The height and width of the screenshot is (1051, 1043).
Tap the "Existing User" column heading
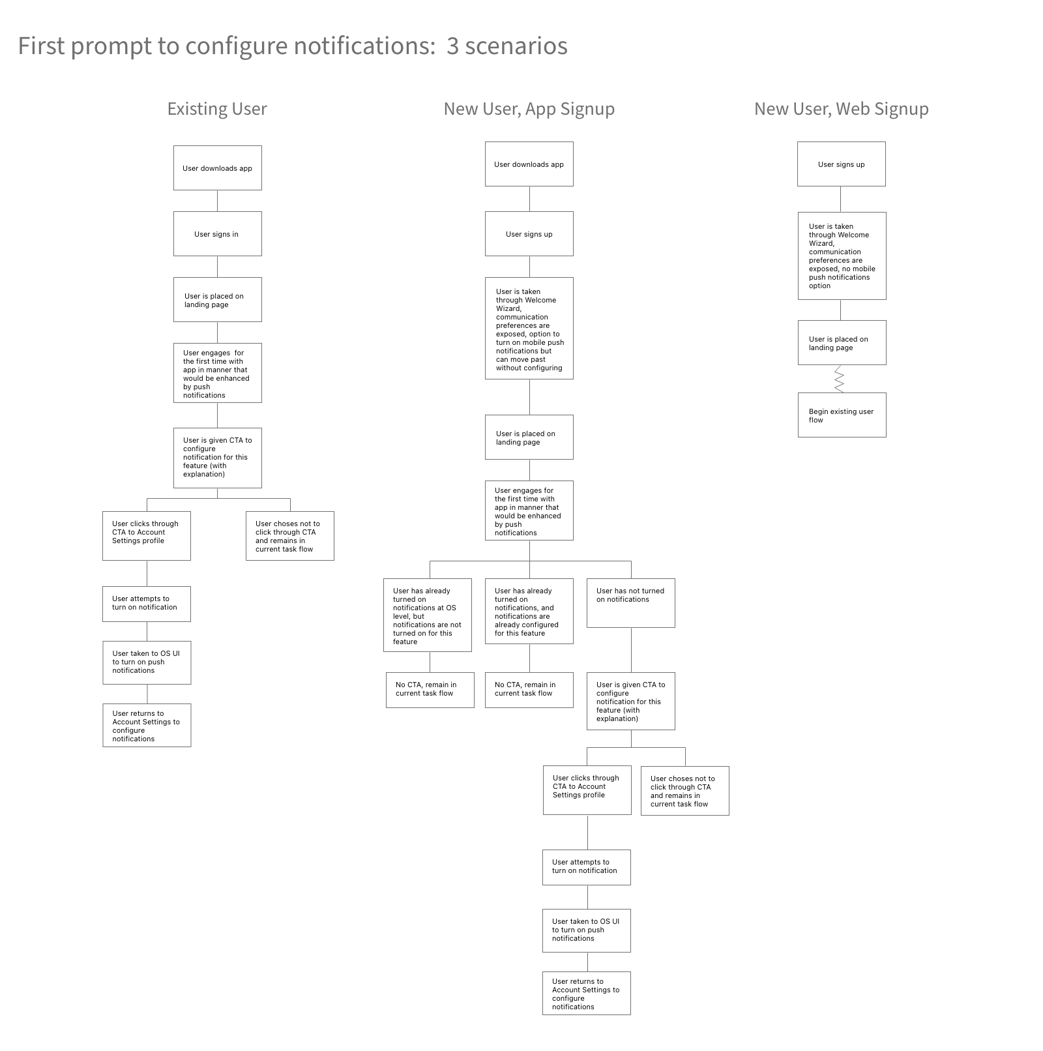tap(217, 109)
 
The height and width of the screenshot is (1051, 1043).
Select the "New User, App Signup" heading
tap(529, 109)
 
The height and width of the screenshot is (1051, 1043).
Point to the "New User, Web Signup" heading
tap(841, 109)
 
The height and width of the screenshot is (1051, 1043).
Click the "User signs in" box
tap(217, 234)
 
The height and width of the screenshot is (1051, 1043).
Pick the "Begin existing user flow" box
tap(842, 415)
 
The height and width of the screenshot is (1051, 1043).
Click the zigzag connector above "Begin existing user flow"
tap(840, 379)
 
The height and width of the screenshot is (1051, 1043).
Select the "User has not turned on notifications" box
tap(630, 603)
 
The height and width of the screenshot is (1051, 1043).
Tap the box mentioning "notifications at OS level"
tap(427, 615)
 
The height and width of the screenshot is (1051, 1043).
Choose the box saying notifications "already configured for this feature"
tap(529, 612)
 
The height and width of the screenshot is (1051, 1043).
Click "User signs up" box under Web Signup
tap(841, 164)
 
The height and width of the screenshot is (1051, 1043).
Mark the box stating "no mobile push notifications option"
tap(842, 256)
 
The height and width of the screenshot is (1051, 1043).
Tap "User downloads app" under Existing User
tap(217, 168)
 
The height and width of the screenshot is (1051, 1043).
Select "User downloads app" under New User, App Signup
tap(529, 164)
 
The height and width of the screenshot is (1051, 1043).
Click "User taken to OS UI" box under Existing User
tap(147, 662)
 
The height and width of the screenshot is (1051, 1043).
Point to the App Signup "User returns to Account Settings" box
tap(586, 994)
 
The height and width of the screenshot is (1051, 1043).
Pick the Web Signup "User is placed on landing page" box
tap(842, 343)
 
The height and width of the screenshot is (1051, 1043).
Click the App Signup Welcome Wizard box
tap(529, 329)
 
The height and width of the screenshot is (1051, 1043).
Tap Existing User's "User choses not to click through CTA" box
tap(290, 536)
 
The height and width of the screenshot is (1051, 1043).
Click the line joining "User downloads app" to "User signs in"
tap(217, 201)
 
